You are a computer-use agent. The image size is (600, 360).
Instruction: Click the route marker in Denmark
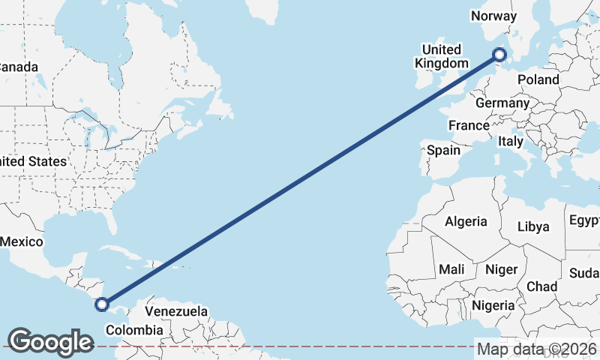(499, 54)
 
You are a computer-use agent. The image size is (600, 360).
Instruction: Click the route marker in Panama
(102, 304)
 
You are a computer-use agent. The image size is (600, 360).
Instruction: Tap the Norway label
(493, 16)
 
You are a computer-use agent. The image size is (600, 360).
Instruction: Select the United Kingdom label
(441, 56)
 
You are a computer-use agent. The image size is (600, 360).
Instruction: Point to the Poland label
(538, 79)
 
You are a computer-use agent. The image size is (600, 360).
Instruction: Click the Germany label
(502, 103)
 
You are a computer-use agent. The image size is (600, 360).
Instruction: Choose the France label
(469, 124)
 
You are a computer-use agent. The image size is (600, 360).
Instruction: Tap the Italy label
(511, 141)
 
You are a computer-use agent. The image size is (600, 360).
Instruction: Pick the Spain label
(443, 150)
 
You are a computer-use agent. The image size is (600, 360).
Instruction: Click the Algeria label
(466, 221)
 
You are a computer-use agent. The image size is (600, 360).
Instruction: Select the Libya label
(533, 226)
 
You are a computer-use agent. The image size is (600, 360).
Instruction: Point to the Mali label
(451, 268)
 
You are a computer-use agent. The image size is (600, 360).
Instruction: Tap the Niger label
(501, 269)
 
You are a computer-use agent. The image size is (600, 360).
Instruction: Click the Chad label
(541, 286)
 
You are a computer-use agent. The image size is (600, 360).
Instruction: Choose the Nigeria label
(493, 305)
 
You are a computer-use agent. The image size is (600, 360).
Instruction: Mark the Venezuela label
(176, 310)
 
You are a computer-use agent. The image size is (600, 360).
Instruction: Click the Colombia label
(134, 330)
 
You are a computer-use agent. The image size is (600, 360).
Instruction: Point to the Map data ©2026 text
(536, 349)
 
